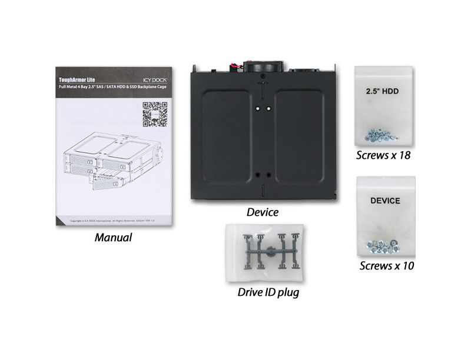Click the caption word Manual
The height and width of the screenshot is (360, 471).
coord(113,238)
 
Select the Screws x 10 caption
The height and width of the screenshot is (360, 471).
coord(387,266)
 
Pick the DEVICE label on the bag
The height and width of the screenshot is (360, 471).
coord(385,201)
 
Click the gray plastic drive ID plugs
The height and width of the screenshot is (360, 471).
coord(268,252)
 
